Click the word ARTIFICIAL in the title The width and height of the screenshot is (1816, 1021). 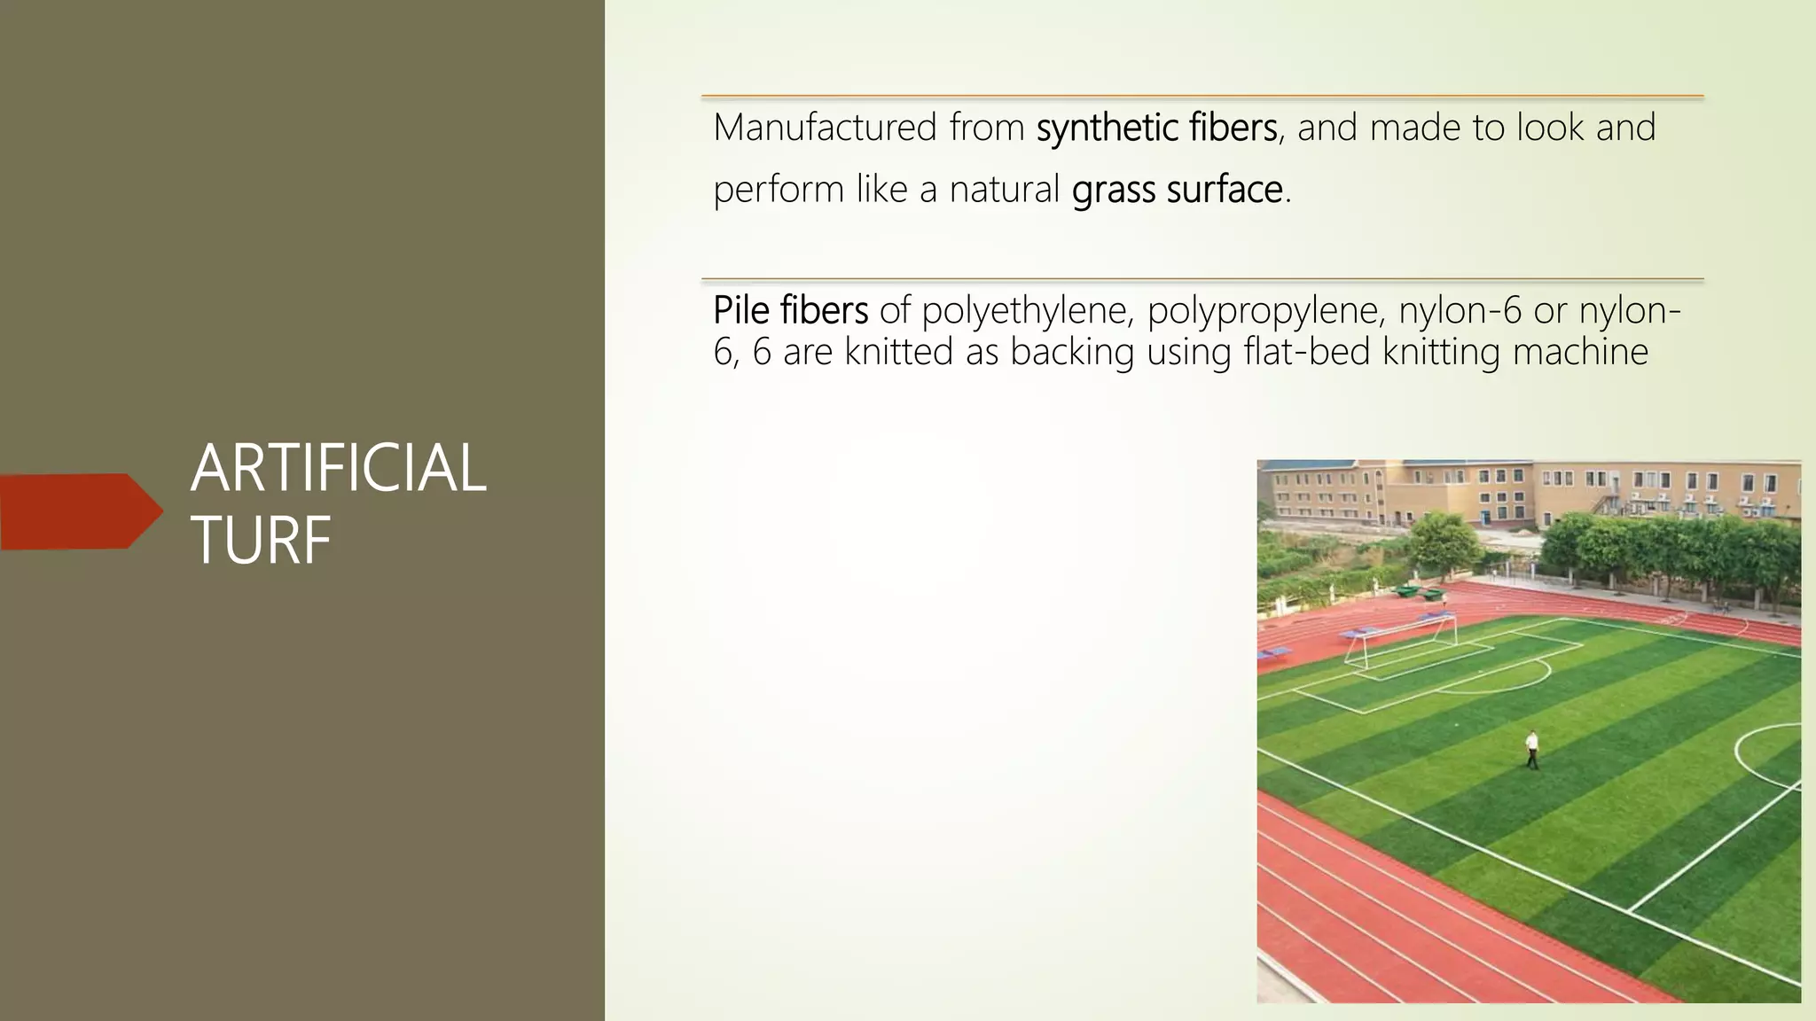coord(338,469)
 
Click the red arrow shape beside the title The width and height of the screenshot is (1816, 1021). coord(80,511)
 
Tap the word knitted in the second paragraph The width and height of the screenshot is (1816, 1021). coord(898,352)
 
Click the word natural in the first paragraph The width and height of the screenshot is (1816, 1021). coord(1004,190)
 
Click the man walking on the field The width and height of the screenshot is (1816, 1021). coord(1531,749)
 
